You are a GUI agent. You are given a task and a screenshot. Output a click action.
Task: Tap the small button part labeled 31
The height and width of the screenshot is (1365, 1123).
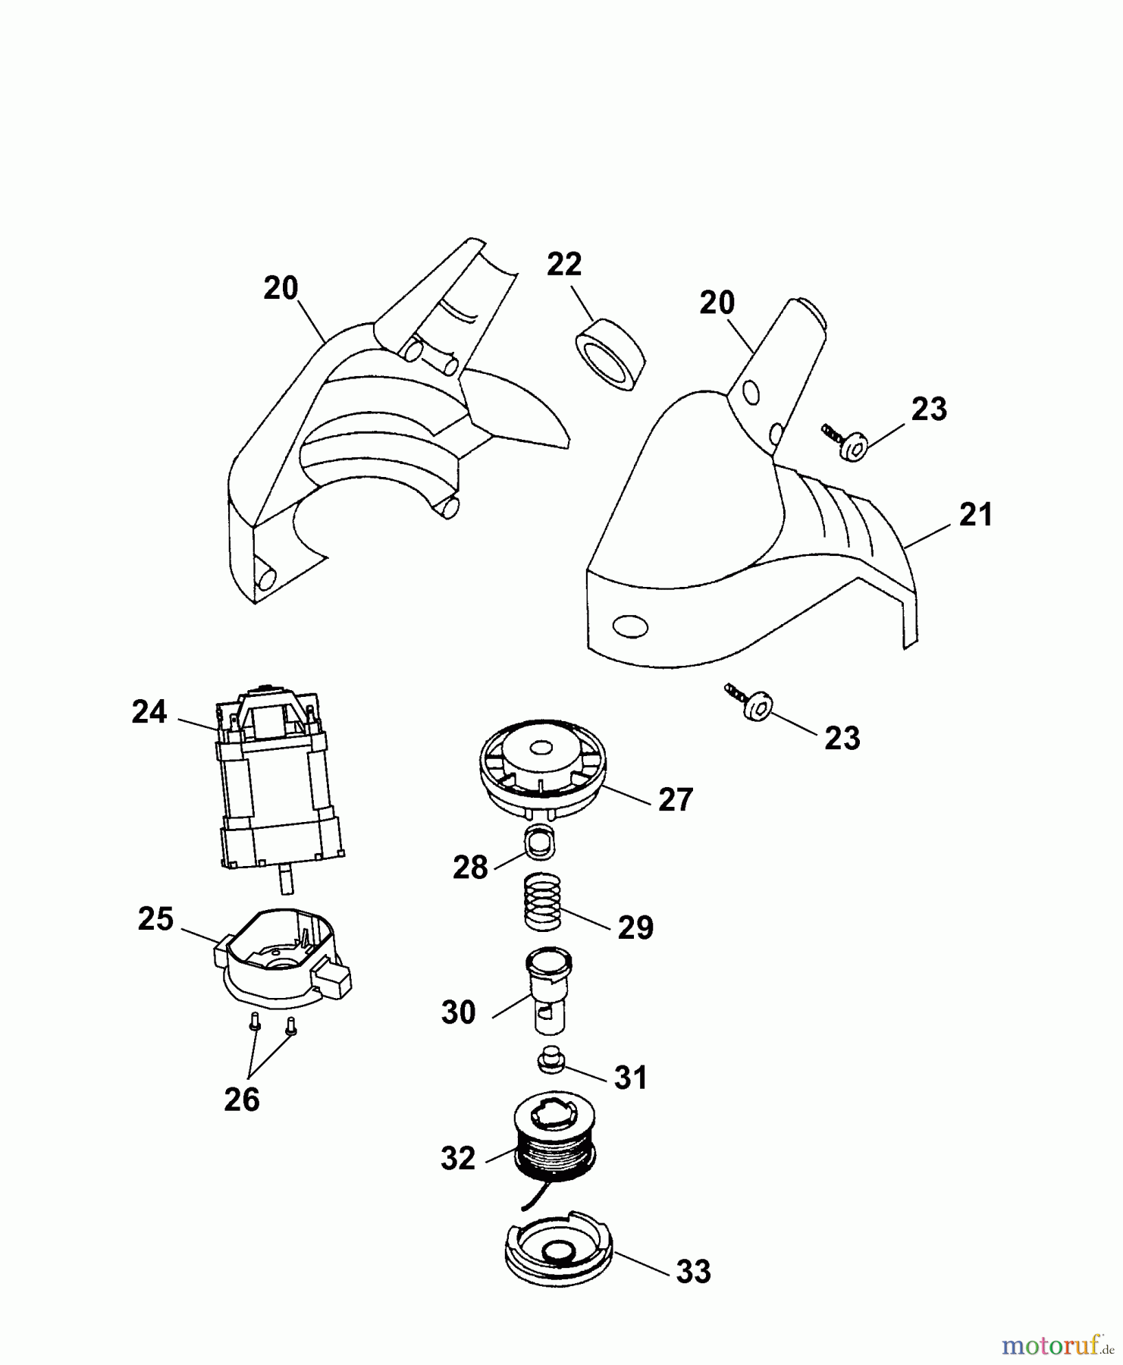tap(551, 1060)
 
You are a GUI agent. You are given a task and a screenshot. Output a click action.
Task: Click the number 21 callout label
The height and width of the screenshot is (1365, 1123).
tap(975, 516)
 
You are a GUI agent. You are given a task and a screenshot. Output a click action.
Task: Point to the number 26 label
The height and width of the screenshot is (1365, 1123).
tap(242, 1098)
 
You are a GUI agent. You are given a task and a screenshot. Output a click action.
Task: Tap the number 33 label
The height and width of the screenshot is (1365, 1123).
tap(693, 1271)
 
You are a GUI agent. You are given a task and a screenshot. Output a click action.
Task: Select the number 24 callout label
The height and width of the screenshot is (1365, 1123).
tap(149, 712)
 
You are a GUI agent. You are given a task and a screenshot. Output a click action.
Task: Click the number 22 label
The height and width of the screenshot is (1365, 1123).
tap(564, 264)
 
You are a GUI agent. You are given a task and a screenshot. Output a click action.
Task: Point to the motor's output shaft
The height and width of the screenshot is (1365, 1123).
tap(284, 880)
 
